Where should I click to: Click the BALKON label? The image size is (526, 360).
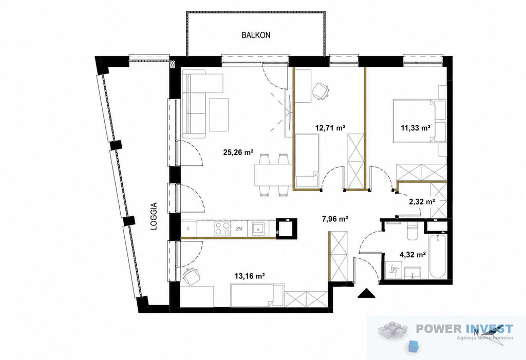click(x=256, y=35)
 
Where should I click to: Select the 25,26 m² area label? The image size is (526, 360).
click(x=238, y=153)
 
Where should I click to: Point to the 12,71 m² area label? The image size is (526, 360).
click(x=330, y=127)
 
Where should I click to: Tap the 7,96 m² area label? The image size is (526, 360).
click(x=334, y=219)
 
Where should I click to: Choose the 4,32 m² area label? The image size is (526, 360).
click(x=412, y=255)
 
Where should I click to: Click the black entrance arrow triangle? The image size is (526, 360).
click(x=366, y=293)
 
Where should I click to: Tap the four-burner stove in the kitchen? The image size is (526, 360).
click(x=223, y=229)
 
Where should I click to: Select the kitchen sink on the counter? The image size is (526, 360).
click(x=258, y=229)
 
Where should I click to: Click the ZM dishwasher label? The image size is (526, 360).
click(x=239, y=229)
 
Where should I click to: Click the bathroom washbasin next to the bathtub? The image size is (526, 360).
click(x=412, y=272)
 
